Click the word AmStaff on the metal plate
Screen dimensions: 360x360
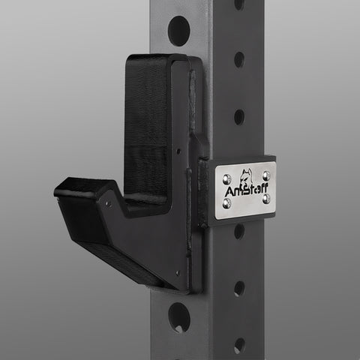pos(246,190)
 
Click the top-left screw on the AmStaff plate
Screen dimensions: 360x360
pos(226,179)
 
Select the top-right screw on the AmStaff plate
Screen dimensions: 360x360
pos(266,175)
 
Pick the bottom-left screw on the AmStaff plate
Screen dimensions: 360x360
pos(226,203)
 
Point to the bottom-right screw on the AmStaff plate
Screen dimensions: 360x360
pos(266,199)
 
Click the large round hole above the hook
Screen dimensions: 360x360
pos(178,31)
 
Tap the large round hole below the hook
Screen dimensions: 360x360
pos(179,318)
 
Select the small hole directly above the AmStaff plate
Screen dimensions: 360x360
pos(239,117)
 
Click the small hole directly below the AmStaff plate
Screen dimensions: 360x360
pos(239,232)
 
